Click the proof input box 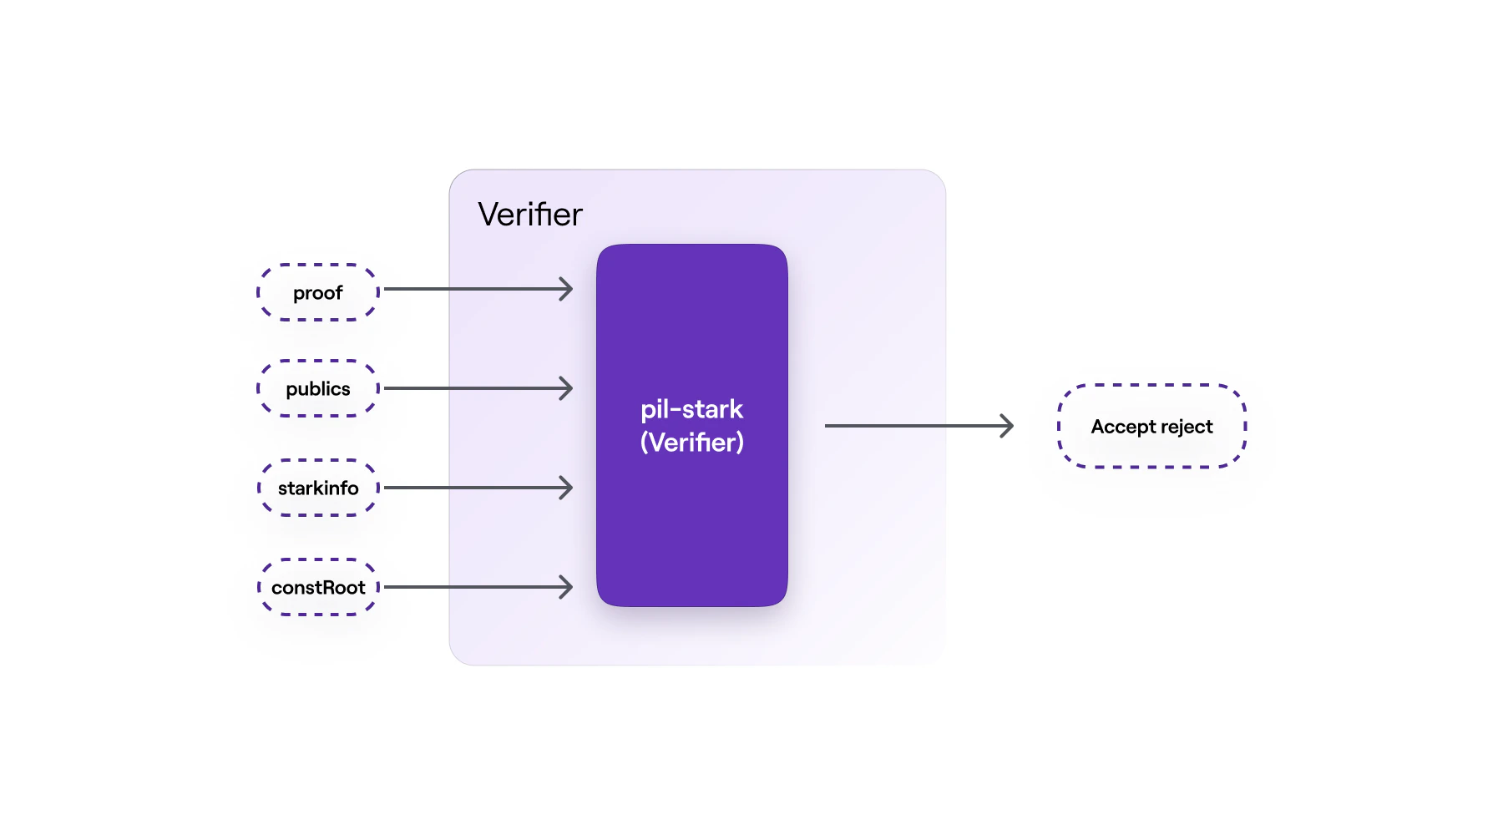(317, 292)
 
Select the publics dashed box (317, 388)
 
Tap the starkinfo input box (317, 488)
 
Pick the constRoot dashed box (317, 587)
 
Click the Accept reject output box (1151, 426)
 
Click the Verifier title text (529, 215)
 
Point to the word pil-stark (691, 409)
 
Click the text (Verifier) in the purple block (691, 442)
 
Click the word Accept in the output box (1122, 427)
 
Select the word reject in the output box (1187, 427)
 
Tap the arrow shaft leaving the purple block (910, 426)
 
